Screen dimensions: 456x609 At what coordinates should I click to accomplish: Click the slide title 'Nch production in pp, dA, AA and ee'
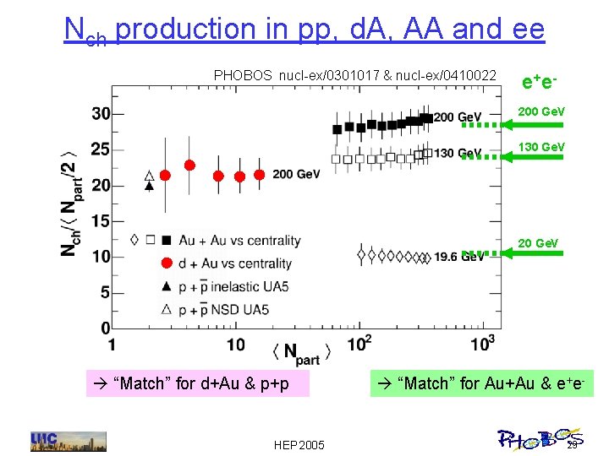pos(304,30)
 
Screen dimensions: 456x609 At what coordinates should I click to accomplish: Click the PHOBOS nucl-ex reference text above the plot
pos(354,76)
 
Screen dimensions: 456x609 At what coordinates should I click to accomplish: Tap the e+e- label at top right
pos(538,81)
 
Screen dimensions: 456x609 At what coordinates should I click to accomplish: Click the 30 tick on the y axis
pos(100,114)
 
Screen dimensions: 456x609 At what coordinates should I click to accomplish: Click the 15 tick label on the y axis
pos(100,221)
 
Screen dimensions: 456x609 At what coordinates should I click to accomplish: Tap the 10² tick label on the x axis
pos(360,343)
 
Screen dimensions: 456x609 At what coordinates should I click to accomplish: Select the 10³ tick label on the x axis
pos(481,343)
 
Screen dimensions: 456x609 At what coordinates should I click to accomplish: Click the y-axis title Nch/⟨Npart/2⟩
pos(71,203)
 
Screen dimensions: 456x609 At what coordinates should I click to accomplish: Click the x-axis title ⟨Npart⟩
pos(301,352)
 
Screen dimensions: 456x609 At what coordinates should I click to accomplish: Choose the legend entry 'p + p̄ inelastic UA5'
pos(238,287)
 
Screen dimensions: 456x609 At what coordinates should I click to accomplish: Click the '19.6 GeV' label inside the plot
pos(458,257)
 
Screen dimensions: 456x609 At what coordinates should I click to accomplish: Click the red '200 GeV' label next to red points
pos(296,174)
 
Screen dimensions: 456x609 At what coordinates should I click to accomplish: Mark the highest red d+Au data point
pos(190,165)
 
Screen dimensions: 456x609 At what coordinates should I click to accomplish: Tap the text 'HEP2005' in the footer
pos(299,444)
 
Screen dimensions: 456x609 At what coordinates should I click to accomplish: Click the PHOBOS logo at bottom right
pos(537,437)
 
